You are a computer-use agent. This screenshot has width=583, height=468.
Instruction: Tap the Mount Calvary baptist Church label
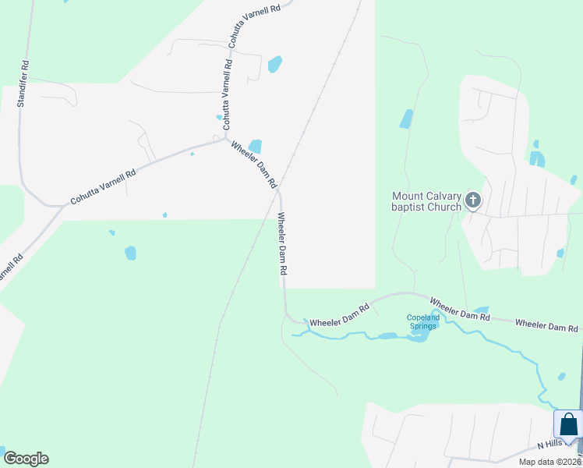[x=427, y=202]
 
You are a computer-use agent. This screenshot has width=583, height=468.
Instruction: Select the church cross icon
[x=472, y=202]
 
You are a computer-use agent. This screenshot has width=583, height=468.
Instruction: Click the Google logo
[x=26, y=459]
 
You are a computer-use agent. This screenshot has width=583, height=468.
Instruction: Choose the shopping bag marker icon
[x=568, y=425]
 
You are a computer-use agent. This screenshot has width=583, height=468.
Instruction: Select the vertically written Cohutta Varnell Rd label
[x=228, y=95]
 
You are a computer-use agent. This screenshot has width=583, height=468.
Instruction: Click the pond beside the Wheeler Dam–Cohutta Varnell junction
[x=255, y=147]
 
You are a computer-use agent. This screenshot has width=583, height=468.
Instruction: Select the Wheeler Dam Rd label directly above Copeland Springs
[x=459, y=308]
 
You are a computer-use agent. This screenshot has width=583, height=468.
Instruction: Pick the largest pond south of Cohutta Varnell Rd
[x=130, y=253]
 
